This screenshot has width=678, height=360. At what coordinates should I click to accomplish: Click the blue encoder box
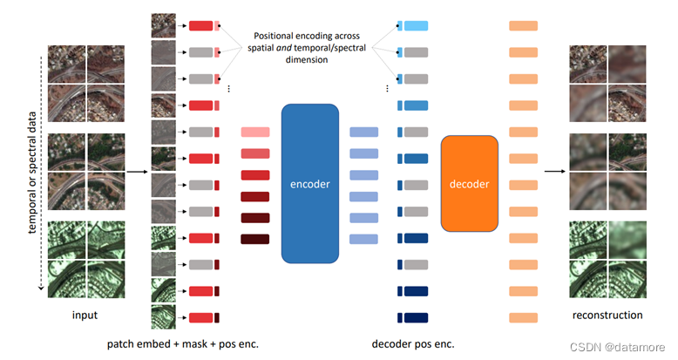pyautogui.click(x=309, y=183)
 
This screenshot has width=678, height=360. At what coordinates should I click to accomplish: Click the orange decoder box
pyautogui.click(x=470, y=183)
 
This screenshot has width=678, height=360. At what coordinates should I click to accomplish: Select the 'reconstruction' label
pyautogui.click(x=607, y=315)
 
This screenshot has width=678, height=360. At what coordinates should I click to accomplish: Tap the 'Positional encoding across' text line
pyautogui.click(x=310, y=36)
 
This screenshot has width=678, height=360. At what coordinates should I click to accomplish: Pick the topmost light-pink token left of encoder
pyautogui.click(x=255, y=132)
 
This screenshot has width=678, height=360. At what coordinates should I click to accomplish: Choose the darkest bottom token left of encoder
pyautogui.click(x=255, y=239)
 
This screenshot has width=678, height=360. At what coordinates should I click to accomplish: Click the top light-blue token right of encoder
pyautogui.click(x=363, y=132)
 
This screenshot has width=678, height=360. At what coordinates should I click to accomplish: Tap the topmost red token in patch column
pyautogui.click(x=201, y=26)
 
